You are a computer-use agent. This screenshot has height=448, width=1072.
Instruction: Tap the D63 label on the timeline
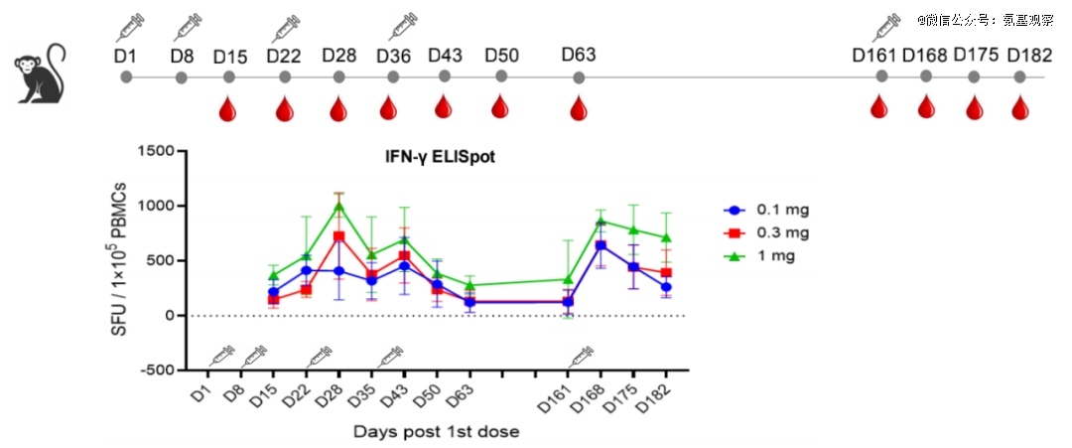point(579,54)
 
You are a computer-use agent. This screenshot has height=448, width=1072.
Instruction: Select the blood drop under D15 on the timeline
point(228,107)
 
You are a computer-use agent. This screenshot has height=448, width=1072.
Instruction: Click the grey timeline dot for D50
point(501,75)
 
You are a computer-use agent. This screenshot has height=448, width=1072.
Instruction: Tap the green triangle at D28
point(338,207)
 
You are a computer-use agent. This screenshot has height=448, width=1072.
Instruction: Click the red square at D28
point(338,236)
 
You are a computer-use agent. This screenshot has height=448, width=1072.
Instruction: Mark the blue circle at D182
point(665,287)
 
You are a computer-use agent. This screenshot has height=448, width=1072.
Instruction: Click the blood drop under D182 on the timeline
point(1019,107)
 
